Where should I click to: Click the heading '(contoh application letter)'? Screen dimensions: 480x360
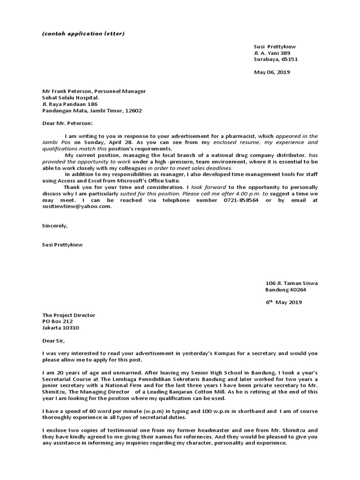(83, 34)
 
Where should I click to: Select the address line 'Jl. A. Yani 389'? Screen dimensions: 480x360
(272, 53)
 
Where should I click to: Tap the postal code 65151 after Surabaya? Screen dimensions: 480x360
(289, 60)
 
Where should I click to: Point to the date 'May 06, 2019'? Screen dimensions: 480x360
(272, 72)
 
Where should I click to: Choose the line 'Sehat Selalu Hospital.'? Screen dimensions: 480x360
(70, 98)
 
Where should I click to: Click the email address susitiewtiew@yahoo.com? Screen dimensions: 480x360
(77, 206)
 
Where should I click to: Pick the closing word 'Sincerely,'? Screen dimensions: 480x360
(55, 225)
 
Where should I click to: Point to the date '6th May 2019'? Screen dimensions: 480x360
(284, 302)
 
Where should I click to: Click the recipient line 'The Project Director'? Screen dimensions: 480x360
(68, 315)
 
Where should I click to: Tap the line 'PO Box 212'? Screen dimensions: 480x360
(57, 322)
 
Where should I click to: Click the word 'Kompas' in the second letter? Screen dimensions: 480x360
(216, 353)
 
